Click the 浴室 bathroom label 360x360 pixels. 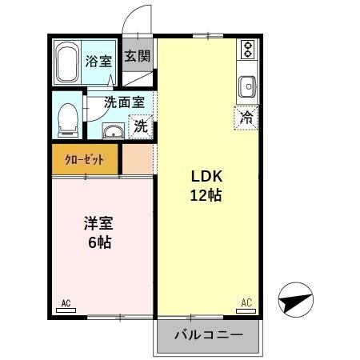point(98,61)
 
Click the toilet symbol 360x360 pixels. point(68,118)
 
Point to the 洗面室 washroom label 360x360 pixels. point(124,102)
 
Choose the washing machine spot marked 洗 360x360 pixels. point(141,125)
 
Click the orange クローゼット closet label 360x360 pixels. point(85,159)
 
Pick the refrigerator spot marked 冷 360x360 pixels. point(247,118)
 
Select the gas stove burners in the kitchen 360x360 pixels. point(248,50)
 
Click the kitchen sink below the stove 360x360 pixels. point(247,85)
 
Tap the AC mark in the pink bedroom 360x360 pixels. point(66,302)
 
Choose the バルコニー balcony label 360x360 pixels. point(208,335)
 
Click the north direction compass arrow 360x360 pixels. point(297,301)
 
